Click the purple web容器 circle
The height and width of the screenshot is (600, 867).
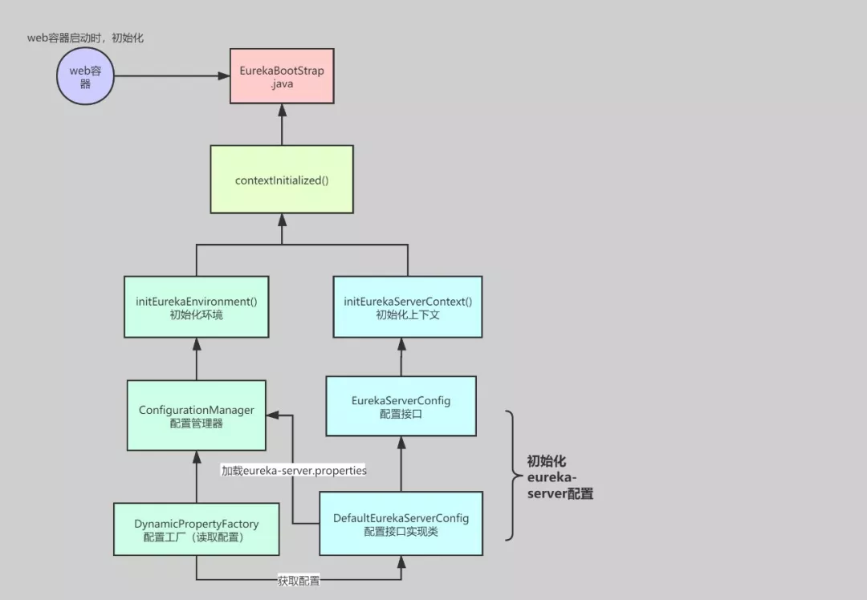point(85,77)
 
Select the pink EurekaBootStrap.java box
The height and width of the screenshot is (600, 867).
point(282,77)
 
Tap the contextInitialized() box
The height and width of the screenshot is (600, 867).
point(282,180)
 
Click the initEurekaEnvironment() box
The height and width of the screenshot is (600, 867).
point(197,307)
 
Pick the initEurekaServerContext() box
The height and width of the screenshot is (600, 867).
point(408,307)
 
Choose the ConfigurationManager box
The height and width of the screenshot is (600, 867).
point(197,416)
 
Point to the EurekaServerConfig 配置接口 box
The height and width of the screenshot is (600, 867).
point(401,406)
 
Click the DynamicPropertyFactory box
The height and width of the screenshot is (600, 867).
point(197,529)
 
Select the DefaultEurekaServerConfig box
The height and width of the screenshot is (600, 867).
point(401,524)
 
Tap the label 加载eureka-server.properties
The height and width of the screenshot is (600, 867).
point(294,471)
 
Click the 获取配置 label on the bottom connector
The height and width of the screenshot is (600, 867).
point(299,581)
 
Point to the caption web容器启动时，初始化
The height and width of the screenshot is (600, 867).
point(84,38)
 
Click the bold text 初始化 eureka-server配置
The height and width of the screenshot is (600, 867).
point(560,477)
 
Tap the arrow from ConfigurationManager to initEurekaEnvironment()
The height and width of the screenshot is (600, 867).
point(197,359)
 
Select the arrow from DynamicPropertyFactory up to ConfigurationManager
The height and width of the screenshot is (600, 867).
point(197,476)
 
